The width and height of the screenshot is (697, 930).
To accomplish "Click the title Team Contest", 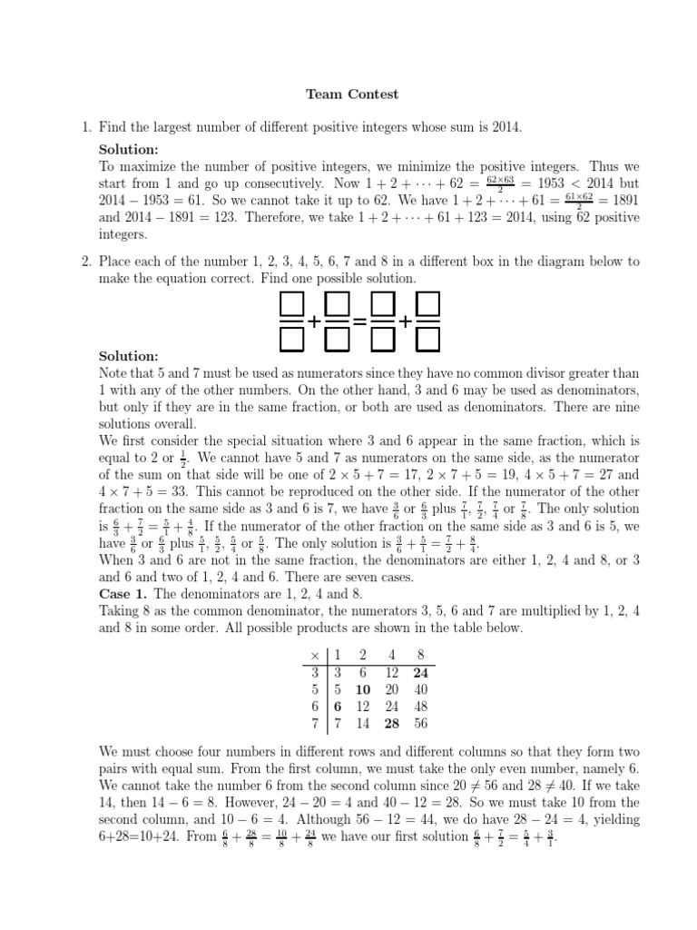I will tap(351, 94).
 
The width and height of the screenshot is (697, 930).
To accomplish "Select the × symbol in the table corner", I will tap(315, 656).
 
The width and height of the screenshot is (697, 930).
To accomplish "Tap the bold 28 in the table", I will tap(393, 724).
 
